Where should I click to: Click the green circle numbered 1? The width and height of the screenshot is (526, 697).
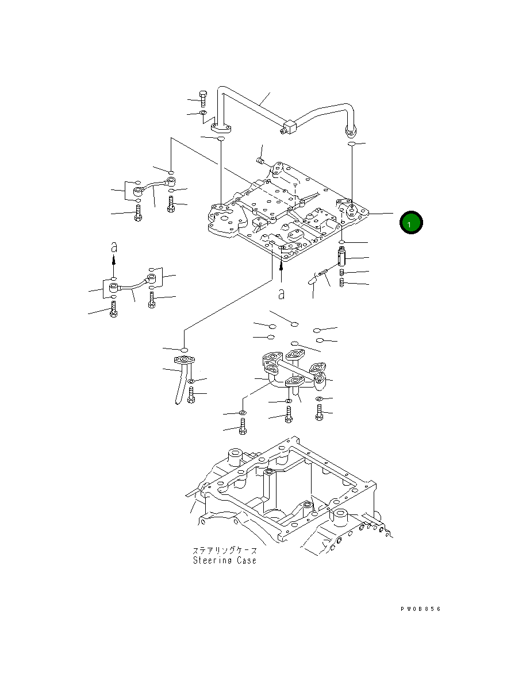(x=411, y=223)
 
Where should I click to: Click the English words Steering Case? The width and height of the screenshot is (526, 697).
(x=224, y=560)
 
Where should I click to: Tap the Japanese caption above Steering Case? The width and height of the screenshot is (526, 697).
(x=224, y=550)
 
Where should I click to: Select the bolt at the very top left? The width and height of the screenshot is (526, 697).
(x=202, y=98)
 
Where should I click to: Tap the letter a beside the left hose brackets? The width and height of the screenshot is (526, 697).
(x=114, y=247)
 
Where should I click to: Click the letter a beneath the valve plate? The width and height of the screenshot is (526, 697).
(x=281, y=293)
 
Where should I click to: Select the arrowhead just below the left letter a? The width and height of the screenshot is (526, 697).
(x=114, y=260)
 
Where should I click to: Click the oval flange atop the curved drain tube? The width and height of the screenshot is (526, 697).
(x=185, y=360)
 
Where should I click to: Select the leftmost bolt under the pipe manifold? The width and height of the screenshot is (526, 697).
(x=242, y=427)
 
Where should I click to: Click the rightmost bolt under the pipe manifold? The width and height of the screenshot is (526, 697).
(x=319, y=412)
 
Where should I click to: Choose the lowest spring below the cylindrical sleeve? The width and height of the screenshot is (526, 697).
(x=342, y=283)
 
